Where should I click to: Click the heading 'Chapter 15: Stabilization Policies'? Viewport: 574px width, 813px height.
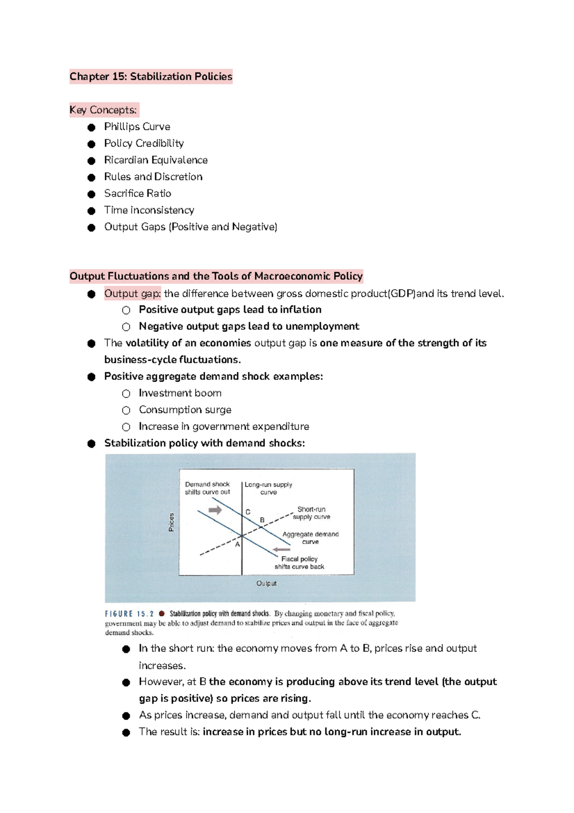coord(151,77)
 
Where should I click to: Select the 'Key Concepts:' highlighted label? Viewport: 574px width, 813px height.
coord(103,110)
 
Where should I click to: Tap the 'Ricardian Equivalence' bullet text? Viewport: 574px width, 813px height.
coord(156,160)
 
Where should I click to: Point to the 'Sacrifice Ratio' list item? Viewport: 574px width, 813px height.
coord(138,193)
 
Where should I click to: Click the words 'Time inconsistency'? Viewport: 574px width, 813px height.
coord(149,210)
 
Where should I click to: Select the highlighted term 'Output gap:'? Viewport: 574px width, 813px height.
coord(132,294)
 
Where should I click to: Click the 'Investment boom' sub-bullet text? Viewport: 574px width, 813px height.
coord(180,393)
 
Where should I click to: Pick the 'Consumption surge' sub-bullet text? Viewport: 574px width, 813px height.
coord(185,410)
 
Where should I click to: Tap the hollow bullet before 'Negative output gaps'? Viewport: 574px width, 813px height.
coord(126,327)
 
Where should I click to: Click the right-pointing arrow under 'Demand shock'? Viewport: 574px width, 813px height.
coord(215,510)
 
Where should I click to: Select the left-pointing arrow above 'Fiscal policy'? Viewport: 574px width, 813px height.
coord(281,549)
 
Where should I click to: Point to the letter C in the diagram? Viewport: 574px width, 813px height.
coord(248,512)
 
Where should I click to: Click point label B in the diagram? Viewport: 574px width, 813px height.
coord(262,520)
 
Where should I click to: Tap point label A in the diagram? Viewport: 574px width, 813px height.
coord(237,544)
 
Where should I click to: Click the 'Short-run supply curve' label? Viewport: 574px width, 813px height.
coord(311,513)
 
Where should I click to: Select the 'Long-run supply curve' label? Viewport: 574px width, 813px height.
coord(268,488)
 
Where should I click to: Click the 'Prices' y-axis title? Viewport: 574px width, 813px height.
coord(171,522)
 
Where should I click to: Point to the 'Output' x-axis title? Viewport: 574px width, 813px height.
coord(266,583)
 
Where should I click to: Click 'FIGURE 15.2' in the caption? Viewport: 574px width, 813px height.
coord(129,614)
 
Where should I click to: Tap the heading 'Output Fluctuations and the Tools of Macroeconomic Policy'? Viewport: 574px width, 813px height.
coord(216,276)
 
